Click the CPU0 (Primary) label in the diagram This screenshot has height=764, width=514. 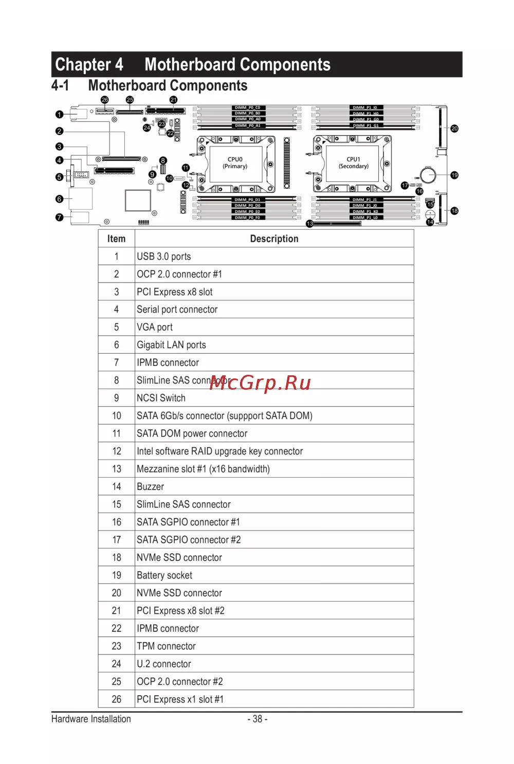235,162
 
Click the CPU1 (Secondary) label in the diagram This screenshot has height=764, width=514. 354,162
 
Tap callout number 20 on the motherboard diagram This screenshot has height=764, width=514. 454,129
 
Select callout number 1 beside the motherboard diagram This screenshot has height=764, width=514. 60,115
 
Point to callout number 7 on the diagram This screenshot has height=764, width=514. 60,217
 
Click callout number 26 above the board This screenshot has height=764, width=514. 105,100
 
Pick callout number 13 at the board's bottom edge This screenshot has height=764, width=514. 309,224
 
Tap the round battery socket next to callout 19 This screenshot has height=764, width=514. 428,175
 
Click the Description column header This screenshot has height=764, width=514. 274,239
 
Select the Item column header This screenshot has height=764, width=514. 116,239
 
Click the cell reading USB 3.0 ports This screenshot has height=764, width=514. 164,257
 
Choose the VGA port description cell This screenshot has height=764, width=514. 155,328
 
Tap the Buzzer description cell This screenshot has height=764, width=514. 151,487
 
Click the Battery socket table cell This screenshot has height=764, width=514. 164,575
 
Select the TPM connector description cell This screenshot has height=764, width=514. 166,646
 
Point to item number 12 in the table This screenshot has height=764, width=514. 117,451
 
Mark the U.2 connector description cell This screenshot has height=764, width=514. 164,664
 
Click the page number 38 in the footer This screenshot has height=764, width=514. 258,719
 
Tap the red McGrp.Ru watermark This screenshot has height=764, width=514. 260,383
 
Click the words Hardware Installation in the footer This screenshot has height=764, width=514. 91,719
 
